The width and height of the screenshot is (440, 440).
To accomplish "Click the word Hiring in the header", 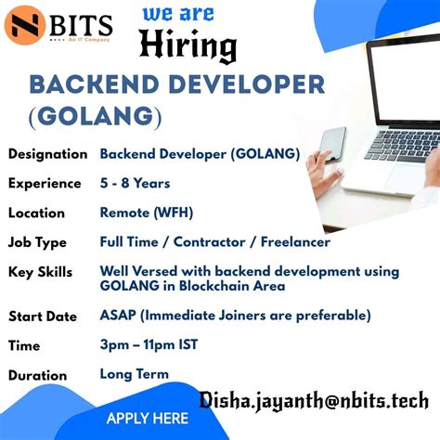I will pos(188,46).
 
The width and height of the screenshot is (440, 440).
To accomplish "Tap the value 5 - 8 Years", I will pos(135,183).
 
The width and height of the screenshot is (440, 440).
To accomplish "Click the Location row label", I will pos(37,214).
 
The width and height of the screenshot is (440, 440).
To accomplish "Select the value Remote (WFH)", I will pos(147,213).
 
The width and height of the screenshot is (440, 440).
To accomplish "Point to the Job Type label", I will pos(37,243).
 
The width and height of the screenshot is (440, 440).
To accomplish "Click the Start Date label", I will pos(43,317).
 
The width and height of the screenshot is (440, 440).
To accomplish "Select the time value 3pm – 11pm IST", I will pos(149,345).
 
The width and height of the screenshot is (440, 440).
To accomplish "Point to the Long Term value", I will pos(135,374).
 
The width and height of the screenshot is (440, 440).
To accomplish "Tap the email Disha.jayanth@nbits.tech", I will pos(313,399).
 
